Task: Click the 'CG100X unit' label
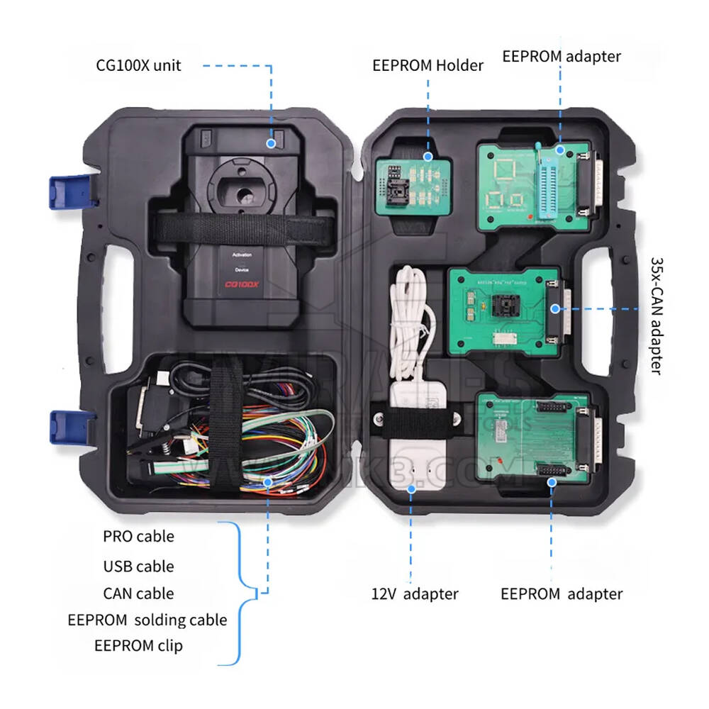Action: point(138,66)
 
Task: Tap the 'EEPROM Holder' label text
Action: point(428,66)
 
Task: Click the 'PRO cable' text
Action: point(138,537)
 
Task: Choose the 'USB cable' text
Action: point(138,566)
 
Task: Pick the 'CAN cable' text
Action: point(138,593)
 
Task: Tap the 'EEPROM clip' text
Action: point(138,645)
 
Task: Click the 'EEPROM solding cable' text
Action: point(147,620)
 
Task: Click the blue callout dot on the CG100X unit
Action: point(271,143)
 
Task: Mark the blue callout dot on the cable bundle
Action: point(267,482)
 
